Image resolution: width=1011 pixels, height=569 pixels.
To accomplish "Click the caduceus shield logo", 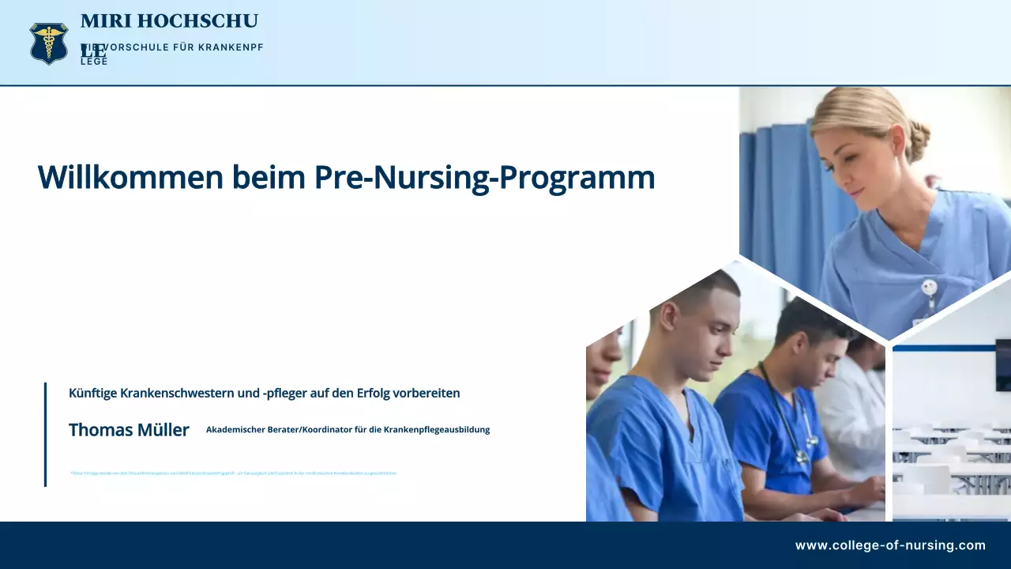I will click(49, 43).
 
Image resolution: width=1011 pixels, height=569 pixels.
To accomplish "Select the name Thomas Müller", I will click(129, 430).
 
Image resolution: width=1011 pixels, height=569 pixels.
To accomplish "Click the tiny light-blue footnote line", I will click(233, 473).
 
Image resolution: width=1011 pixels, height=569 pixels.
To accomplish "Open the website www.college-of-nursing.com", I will click(890, 545).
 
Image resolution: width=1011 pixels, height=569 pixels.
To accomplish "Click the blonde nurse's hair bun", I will click(918, 141).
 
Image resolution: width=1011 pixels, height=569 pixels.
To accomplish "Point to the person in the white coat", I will click(853, 411).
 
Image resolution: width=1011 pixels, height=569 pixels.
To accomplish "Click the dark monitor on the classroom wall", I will click(1002, 364).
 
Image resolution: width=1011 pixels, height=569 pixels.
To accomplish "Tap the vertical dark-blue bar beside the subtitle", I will click(45, 434).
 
